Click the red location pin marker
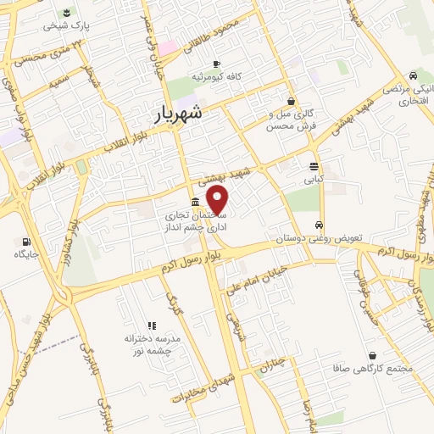click(x=219, y=202)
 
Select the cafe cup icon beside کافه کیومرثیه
click(x=215, y=64)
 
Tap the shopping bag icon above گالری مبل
click(x=292, y=100)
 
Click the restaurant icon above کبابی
click(x=314, y=166)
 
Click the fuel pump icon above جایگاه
click(x=19, y=240)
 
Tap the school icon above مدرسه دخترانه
click(x=152, y=325)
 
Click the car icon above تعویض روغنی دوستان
click(x=318, y=225)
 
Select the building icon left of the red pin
click(x=196, y=202)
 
